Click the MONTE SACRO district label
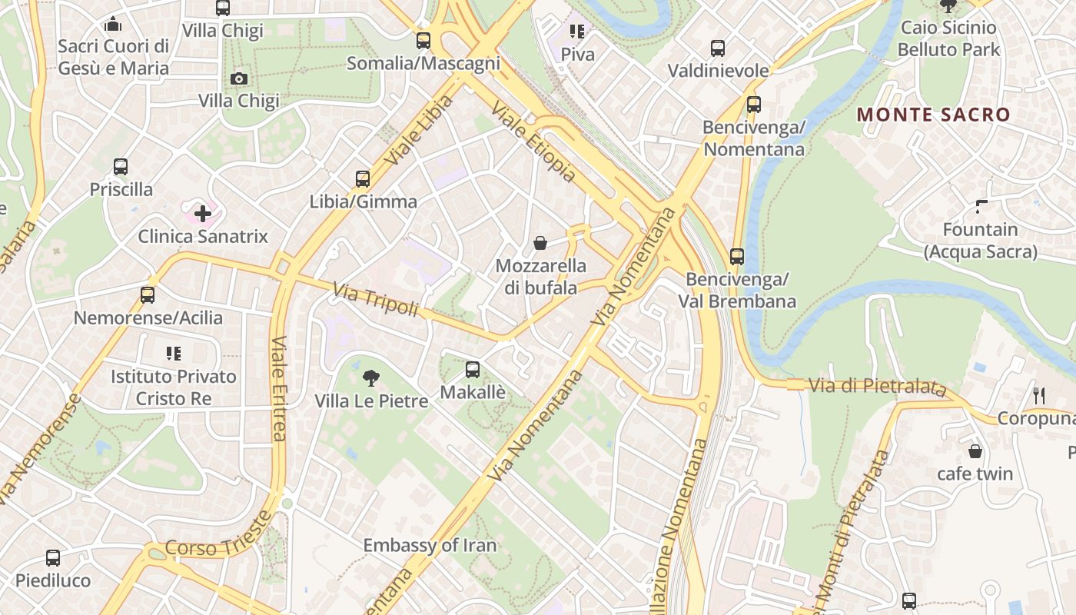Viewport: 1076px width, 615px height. click(x=933, y=115)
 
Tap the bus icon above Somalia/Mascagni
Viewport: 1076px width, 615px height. click(x=423, y=41)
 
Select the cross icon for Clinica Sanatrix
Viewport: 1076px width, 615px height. click(x=203, y=213)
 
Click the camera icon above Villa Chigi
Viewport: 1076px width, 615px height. click(x=238, y=78)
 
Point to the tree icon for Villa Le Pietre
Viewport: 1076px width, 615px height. click(x=370, y=377)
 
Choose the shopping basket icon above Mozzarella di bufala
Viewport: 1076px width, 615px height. click(x=540, y=244)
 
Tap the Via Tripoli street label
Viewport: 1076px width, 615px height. click(x=375, y=300)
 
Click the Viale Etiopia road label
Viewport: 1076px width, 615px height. click(x=533, y=142)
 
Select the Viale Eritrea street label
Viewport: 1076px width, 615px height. click(x=278, y=388)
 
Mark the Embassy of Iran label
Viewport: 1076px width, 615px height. click(x=430, y=546)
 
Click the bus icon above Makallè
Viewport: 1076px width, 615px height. click(x=472, y=370)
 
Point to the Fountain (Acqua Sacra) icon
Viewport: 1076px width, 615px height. click(x=981, y=206)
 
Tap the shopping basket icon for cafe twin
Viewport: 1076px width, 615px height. click(x=975, y=451)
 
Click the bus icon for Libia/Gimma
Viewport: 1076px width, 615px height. click(x=363, y=179)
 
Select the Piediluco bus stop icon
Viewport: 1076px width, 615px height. click(x=52, y=558)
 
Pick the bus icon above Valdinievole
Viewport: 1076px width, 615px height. click(x=717, y=48)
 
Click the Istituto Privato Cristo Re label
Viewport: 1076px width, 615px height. click(x=174, y=387)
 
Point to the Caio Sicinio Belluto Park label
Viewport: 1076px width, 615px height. click(x=948, y=38)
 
